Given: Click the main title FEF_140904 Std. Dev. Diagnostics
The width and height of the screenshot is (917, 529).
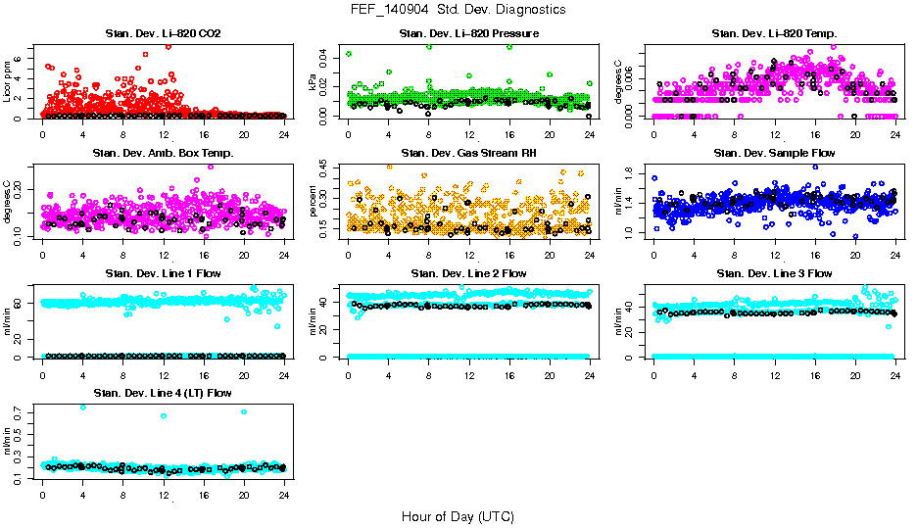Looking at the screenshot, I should tap(458, 9).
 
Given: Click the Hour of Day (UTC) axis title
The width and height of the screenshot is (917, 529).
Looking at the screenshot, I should tap(458, 516).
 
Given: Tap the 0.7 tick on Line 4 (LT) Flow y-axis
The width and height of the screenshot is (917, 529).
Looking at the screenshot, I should tap(21, 416).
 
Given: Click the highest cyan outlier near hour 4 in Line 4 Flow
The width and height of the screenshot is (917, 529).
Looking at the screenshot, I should tap(82, 408).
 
